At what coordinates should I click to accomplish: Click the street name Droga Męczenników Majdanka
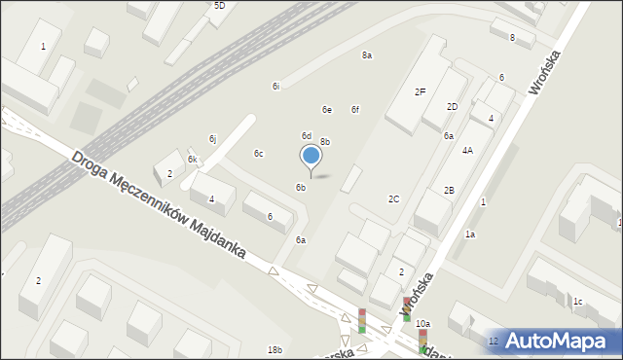pos(161,206)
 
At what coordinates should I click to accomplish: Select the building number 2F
pos(420,92)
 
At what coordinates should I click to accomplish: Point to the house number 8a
pos(367,55)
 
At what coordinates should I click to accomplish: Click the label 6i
pos(276,87)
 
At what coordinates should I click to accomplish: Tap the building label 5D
pos(219,6)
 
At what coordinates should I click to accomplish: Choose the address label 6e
pos(327,110)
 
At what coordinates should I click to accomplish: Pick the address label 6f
pos(355,110)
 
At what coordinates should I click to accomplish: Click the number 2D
pos(452,107)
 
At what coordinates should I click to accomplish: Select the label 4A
pos(467,151)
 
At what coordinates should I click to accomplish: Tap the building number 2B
pos(449,191)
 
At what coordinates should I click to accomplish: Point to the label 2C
pos(393,199)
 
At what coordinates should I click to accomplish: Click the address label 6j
pos(212,139)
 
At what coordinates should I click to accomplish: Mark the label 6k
pos(193,160)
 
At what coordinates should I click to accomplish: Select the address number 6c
pos(258,154)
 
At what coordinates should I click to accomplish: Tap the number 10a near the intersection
pos(422,324)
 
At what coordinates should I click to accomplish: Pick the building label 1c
pos(577,302)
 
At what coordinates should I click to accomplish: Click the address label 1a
pos(469,234)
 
